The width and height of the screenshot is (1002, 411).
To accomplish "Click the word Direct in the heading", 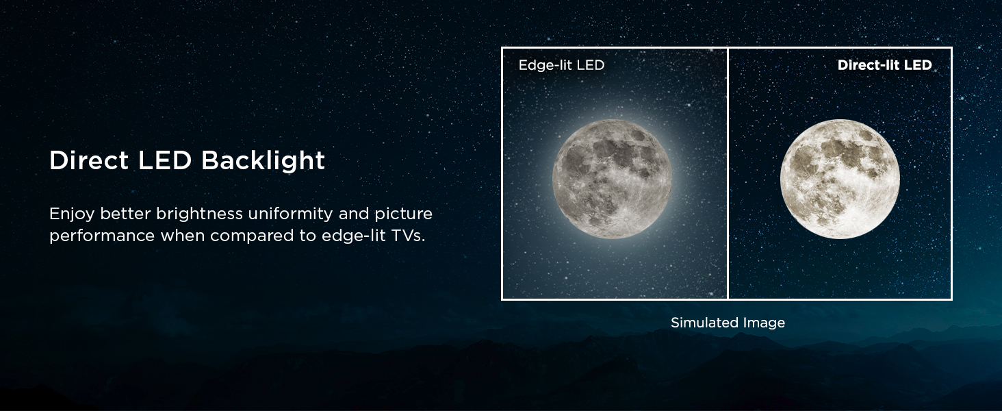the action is [x=89, y=160].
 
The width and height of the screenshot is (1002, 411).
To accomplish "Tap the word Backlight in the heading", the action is [x=263, y=161].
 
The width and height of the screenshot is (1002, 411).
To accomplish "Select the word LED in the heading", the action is [x=165, y=160].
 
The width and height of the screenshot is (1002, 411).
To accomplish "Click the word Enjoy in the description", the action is [x=72, y=214].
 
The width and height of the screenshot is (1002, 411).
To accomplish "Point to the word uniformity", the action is [x=290, y=214].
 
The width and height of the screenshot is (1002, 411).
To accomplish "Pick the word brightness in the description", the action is [x=199, y=214].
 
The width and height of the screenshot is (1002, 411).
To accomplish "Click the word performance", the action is [x=102, y=236].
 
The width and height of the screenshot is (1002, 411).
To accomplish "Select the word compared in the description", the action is [x=252, y=236].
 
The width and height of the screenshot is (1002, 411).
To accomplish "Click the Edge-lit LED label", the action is [x=561, y=65].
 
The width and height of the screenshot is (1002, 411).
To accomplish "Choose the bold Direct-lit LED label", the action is [x=884, y=65].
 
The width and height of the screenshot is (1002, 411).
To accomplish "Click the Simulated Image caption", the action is [x=728, y=323].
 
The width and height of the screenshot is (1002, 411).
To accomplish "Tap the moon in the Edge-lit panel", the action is [x=612, y=179].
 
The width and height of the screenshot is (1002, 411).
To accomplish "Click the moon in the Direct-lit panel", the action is [x=840, y=179].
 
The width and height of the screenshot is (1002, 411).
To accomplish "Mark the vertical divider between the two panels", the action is [x=728, y=173].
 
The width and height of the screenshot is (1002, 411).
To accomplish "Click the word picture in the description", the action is [x=404, y=214].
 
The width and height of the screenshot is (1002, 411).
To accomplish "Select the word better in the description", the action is [x=125, y=214].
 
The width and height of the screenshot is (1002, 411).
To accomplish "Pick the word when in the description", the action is [x=182, y=236].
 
